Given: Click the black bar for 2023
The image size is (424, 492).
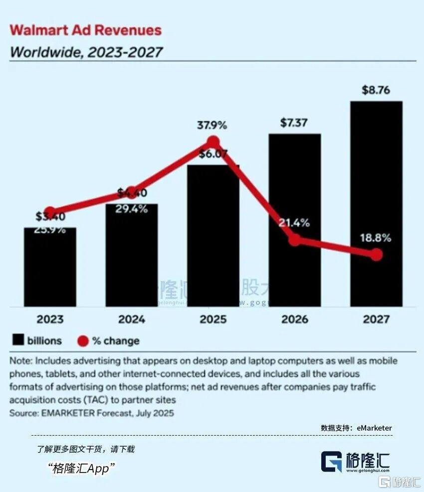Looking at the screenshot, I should (50, 269).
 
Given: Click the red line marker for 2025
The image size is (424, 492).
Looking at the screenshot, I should (213, 142).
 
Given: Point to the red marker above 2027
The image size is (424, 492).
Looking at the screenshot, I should (377, 255).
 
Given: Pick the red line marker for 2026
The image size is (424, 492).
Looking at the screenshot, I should (295, 240).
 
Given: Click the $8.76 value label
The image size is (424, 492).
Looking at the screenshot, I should (376, 90).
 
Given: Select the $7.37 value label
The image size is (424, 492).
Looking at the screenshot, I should (294, 123).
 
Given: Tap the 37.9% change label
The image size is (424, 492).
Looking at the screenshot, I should (213, 125).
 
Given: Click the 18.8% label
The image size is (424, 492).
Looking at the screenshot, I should (376, 238).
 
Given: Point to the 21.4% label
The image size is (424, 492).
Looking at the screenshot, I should (294, 223).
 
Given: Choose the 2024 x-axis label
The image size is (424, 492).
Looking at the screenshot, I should (132, 319).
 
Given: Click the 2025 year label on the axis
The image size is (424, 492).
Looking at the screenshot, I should (213, 319).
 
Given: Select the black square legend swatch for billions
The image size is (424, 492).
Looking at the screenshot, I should (18, 341).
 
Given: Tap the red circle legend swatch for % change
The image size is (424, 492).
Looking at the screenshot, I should (83, 341).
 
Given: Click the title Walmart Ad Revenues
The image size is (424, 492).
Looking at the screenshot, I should (86, 30).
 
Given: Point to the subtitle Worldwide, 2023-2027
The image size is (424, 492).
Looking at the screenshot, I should (86, 52).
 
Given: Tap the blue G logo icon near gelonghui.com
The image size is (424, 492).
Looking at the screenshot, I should (331, 462).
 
